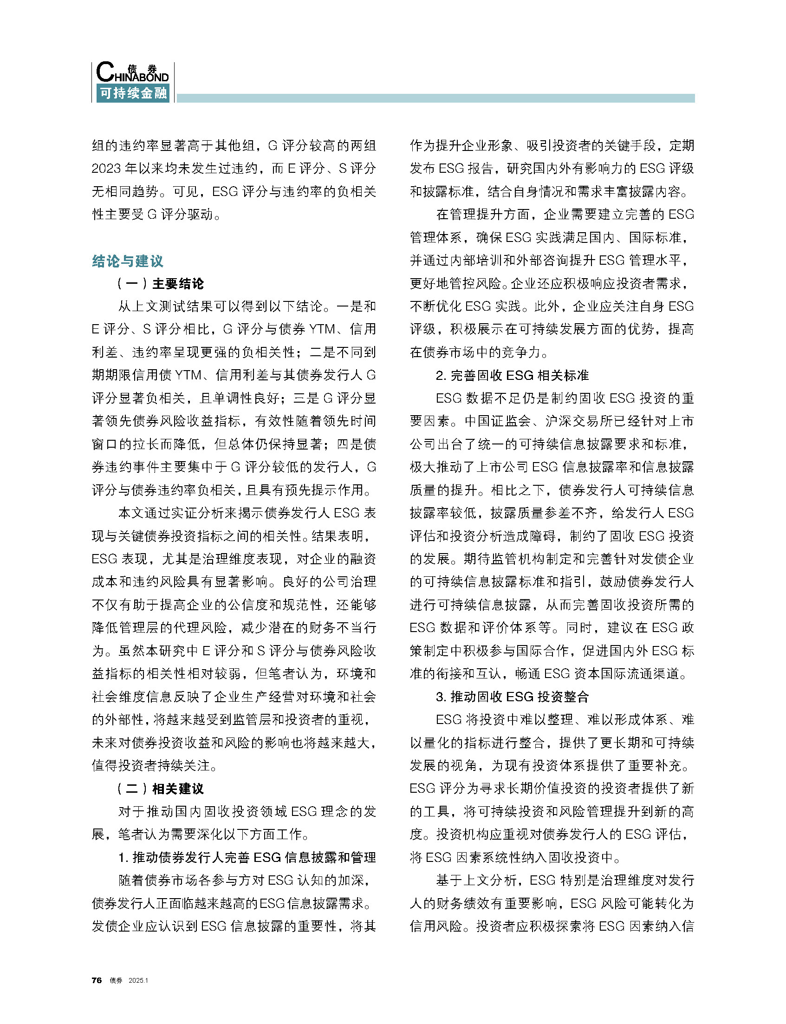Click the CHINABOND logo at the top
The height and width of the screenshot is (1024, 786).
pos(132,73)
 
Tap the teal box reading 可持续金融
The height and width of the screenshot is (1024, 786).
pos(133,93)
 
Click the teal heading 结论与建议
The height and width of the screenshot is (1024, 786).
pos(128,261)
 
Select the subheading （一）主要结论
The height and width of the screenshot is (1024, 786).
pos(161,284)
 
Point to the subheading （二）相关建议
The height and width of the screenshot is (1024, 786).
pos(161,789)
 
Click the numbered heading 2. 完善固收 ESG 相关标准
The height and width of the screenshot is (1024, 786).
pos(512,375)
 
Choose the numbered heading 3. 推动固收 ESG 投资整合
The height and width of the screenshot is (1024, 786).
pos(512,697)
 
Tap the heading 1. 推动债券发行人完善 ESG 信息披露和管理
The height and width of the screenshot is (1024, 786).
pos(247,857)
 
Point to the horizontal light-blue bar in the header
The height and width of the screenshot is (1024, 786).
pos(435,98)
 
